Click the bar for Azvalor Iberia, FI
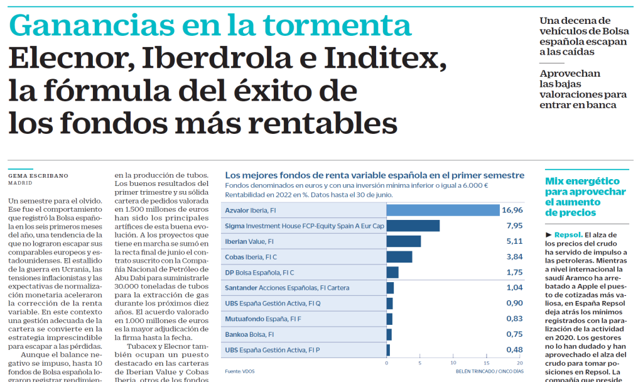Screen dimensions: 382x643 point(443,210)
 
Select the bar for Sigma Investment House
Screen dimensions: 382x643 point(413,226)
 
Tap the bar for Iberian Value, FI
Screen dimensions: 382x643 point(403,241)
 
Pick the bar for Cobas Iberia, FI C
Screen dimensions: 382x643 point(399,257)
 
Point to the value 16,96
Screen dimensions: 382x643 point(513,210)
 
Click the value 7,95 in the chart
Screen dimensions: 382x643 point(514,226)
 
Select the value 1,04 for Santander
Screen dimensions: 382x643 point(514,288)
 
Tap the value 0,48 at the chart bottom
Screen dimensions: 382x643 point(514,350)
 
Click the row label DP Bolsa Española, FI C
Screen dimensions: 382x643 point(259,273)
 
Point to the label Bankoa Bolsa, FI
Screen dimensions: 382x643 point(249,334)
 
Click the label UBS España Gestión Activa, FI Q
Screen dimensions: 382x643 point(273,303)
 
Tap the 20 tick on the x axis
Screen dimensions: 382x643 point(519,363)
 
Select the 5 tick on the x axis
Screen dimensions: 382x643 point(419,363)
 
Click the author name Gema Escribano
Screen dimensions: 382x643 point(38,175)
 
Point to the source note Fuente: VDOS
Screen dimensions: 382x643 point(240,371)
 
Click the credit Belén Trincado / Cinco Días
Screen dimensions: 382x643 point(490,371)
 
